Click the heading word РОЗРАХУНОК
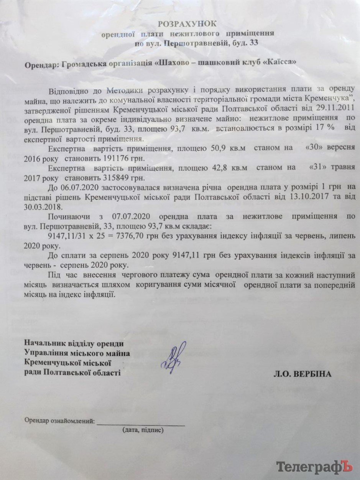coord(187,24)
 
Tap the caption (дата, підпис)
coord(143,430)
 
